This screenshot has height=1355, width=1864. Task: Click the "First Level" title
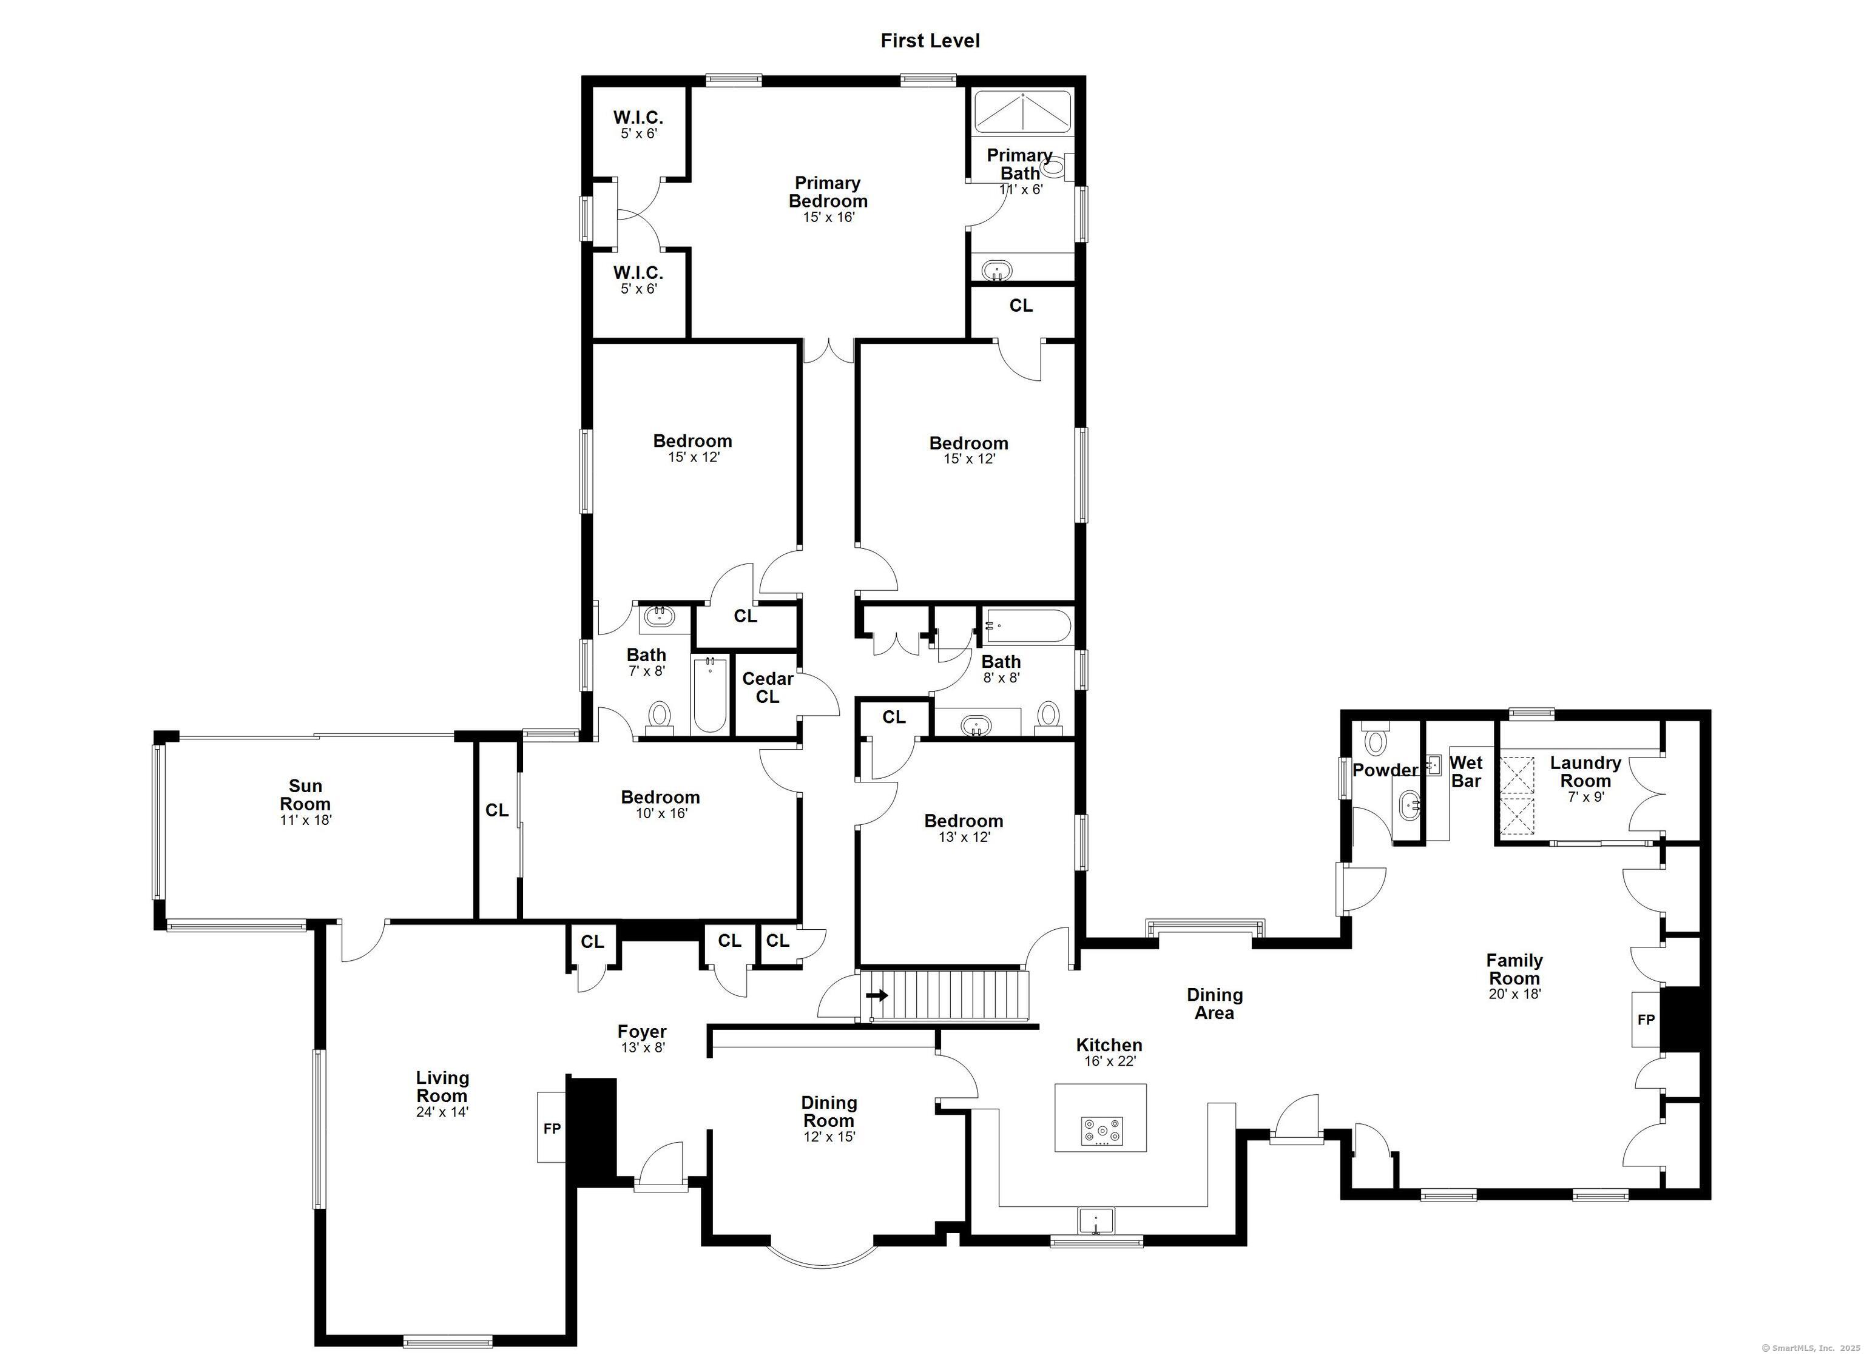pyautogui.click(x=930, y=40)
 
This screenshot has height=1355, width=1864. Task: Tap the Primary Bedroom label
pyautogui.click(x=828, y=192)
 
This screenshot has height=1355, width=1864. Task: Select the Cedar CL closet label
pyautogui.click(x=768, y=687)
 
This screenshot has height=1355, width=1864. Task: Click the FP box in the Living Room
pyautogui.click(x=552, y=1128)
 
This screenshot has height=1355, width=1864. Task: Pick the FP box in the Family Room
pyautogui.click(x=1646, y=1020)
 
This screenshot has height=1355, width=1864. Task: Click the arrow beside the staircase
pyautogui.click(x=877, y=996)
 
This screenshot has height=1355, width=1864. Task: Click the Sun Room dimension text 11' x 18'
pyautogui.click(x=305, y=819)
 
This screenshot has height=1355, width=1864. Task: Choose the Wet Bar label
pyautogui.click(x=1466, y=772)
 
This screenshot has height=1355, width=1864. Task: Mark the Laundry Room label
pyautogui.click(x=1585, y=772)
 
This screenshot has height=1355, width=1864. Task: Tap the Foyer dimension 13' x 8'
pyautogui.click(x=643, y=1047)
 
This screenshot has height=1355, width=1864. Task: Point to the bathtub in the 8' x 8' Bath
pyautogui.click(x=1027, y=628)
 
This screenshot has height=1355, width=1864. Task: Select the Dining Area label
pyautogui.click(x=1215, y=1003)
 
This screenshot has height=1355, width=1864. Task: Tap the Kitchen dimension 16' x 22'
pyautogui.click(x=1110, y=1061)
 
